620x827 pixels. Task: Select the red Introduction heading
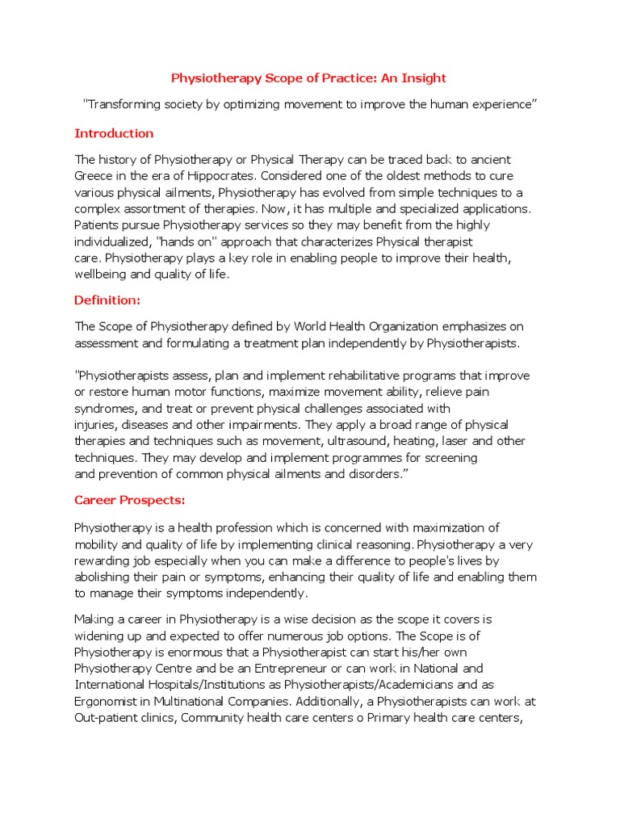point(114,133)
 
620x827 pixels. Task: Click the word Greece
point(94,176)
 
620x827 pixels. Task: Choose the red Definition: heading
point(107,300)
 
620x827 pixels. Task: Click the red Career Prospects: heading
point(130,501)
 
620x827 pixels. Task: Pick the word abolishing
point(102,577)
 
